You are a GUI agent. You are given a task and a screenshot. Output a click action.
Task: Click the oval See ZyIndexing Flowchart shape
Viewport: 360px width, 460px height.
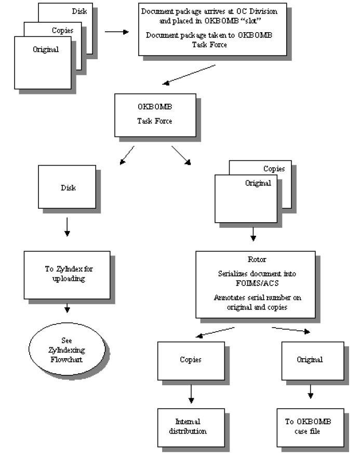pyautogui.click(x=67, y=349)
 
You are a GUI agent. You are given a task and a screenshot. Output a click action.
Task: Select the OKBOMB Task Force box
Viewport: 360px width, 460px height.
pyautogui.click(x=155, y=115)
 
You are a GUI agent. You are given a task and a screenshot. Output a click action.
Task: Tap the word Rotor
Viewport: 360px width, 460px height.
pyautogui.click(x=257, y=260)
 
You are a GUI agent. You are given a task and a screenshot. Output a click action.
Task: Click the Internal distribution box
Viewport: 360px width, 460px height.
pyautogui.click(x=191, y=427)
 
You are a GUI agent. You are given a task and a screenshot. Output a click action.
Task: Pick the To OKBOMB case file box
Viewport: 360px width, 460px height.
pyautogui.click(x=310, y=427)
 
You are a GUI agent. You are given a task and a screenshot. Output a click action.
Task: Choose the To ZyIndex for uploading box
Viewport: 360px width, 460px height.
pyautogui.click(x=67, y=275)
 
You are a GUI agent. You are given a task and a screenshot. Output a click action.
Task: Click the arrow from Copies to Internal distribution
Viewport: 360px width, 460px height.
pyautogui.click(x=191, y=394)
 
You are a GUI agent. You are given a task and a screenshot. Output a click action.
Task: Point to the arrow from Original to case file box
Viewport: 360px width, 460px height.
pyautogui.click(x=310, y=391)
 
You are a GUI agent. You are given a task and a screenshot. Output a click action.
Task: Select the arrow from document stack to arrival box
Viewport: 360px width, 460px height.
pyautogui.click(x=117, y=32)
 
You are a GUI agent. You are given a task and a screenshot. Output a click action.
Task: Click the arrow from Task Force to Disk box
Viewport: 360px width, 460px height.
pyautogui.click(x=127, y=155)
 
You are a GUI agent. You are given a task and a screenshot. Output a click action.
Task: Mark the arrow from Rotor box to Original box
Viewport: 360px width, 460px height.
pyautogui.click(x=291, y=330)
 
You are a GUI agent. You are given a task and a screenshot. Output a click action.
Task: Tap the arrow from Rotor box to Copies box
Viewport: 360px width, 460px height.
pyautogui.click(x=215, y=332)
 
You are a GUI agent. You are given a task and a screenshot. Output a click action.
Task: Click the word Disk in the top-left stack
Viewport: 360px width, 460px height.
pyautogui.click(x=79, y=11)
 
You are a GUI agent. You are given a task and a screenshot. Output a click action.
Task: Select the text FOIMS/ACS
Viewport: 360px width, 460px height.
pyautogui.click(x=257, y=283)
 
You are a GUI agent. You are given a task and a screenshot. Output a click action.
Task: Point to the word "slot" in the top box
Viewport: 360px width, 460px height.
pyautogui.click(x=251, y=21)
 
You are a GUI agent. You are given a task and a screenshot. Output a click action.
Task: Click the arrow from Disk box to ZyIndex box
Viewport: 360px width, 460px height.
pyautogui.click(x=67, y=227)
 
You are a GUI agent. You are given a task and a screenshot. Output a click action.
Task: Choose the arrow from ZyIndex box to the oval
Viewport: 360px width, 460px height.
pyautogui.click(x=67, y=308)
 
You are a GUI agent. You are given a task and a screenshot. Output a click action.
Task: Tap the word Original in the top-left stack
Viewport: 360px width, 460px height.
pyautogui.click(x=46, y=49)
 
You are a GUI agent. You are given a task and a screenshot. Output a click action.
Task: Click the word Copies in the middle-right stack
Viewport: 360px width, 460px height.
pyautogui.click(x=274, y=169)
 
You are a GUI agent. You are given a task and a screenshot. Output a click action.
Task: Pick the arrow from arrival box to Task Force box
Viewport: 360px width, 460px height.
pyautogui.click(x=189, y=75)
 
